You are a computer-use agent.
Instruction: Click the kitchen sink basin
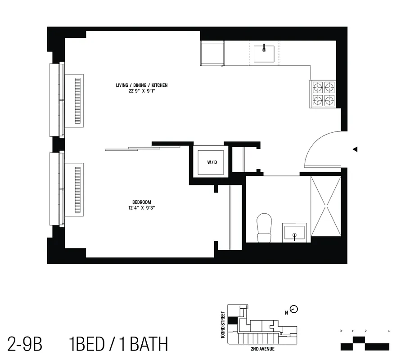pyautogui.click(x=264, y=54)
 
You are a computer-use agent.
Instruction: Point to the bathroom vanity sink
pyautogui.click(x=294, y=233)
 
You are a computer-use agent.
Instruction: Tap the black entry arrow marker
pyautogui.click(x=355, y=149)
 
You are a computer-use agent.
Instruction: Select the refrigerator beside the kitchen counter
pyautogui.click(x=212, y=53)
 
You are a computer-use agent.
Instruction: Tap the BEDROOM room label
pyautogui.click(x=141, y=202)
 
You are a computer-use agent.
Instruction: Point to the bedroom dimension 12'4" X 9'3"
pyautogui.click(x=141, y=208)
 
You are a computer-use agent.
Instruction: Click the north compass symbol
pyautogui.click(x=294, y=309)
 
